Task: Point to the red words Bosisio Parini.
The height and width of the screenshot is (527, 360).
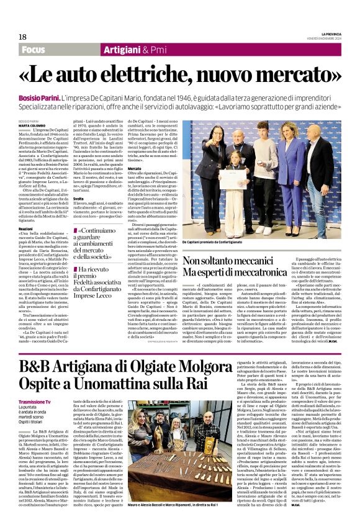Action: point(38,99)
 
